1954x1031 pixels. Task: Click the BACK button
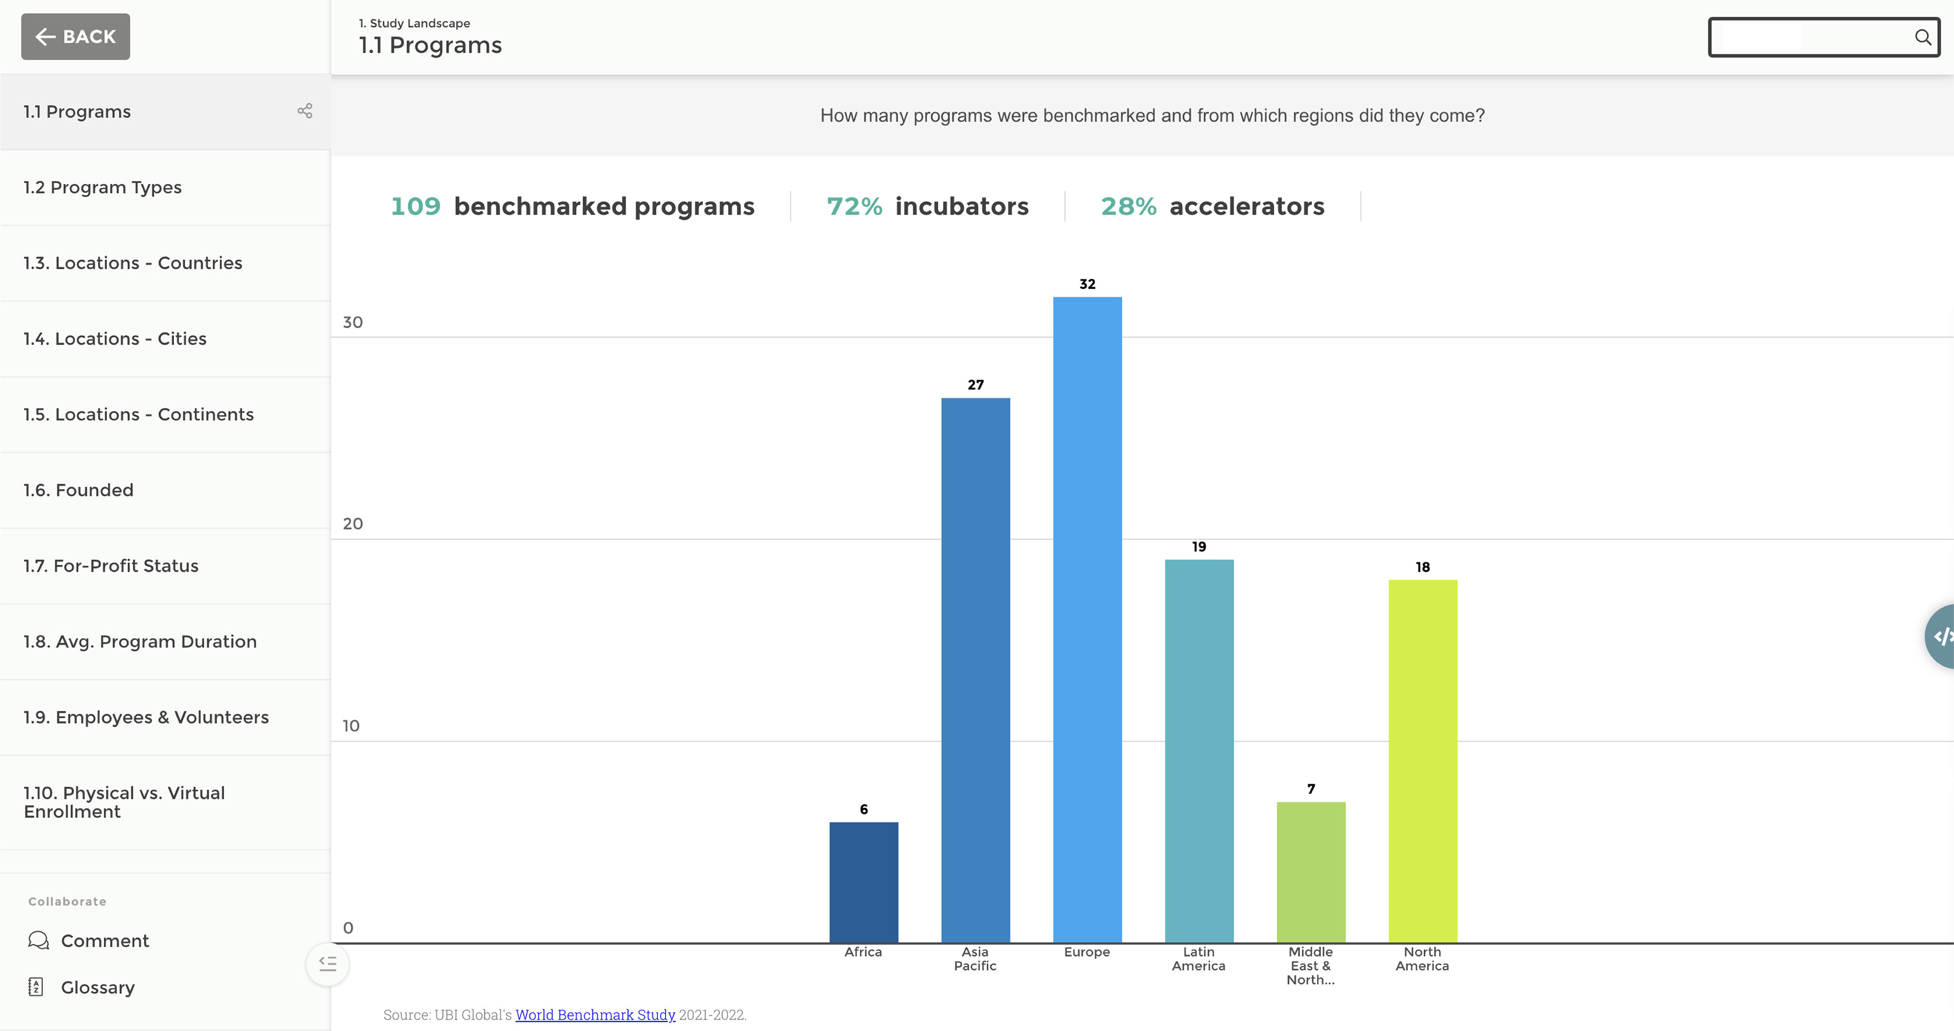pos(75,37)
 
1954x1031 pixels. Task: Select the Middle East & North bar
pos(1311,872)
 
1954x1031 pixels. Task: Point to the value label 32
pos(1087,284)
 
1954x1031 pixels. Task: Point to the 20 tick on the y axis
pos(353,524)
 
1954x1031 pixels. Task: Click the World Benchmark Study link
pos(595,1014)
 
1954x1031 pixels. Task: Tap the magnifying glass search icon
pos(1922,37)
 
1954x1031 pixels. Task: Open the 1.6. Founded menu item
pos(78,490)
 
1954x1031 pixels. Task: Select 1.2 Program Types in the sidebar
pos(102,187)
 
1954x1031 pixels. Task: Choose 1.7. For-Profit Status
pos(111,566)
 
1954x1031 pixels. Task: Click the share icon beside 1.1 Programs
pos(305,111)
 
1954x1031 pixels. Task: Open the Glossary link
pos(97,987)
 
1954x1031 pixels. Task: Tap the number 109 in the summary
pos(415,206)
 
